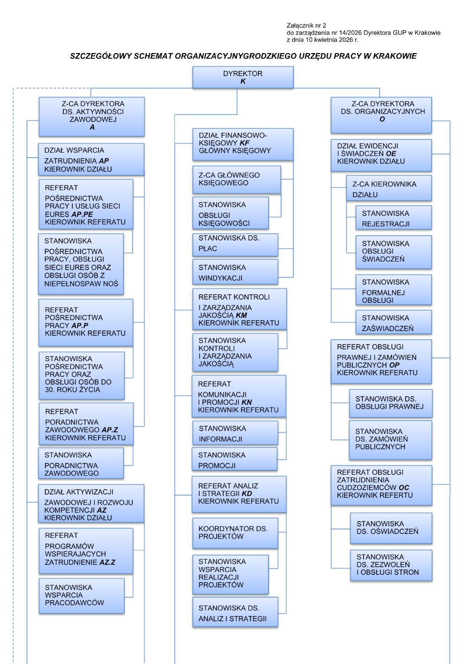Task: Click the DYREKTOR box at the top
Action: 243,77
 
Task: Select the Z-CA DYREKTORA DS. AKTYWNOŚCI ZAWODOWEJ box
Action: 92,116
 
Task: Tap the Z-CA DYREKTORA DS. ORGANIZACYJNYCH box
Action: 381,115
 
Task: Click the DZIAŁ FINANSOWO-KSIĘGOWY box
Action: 243,144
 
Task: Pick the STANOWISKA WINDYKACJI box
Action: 235,272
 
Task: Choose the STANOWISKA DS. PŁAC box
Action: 235,245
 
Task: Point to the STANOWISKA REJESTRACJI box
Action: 393,218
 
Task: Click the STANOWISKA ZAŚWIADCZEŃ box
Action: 393,323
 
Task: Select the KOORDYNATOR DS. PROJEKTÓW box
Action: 235,533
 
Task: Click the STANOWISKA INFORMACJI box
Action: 235,433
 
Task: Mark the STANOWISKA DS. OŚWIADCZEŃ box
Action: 391,528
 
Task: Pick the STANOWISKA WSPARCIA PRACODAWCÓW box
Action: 82,595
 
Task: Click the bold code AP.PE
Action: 82,214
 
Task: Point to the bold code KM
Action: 241,316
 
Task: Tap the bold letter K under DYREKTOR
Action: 243,81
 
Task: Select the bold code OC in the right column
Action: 404,487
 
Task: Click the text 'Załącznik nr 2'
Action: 306,26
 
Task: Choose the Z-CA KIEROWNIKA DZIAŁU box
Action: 389,189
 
